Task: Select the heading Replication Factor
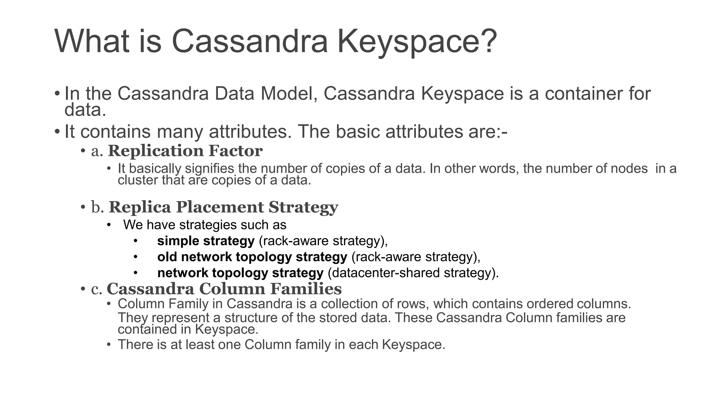point(185,151)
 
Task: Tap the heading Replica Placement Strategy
point(223,207)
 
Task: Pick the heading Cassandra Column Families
point(224,289)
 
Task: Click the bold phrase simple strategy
point(206,241)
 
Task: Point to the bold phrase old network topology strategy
point(252,257)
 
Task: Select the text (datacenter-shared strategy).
point(413,273)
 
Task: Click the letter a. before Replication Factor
point(97,151)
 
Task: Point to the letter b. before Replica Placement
point(98,208)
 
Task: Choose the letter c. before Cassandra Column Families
point(97,290)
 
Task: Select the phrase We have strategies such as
point(204,225)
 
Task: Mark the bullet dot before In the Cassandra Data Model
point(57,94)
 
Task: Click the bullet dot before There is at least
point(109,345)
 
